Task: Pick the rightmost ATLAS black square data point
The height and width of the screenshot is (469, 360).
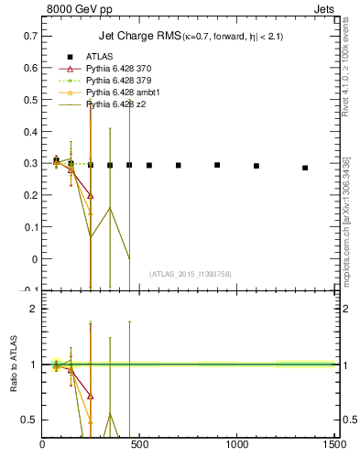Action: click(305, 168)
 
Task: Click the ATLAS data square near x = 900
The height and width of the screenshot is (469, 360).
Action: click(217, 165)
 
